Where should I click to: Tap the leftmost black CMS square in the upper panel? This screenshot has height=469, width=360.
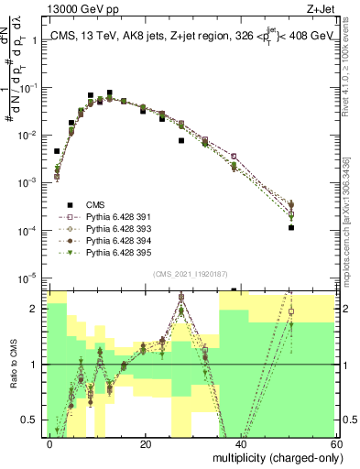click(x=57, y=151)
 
